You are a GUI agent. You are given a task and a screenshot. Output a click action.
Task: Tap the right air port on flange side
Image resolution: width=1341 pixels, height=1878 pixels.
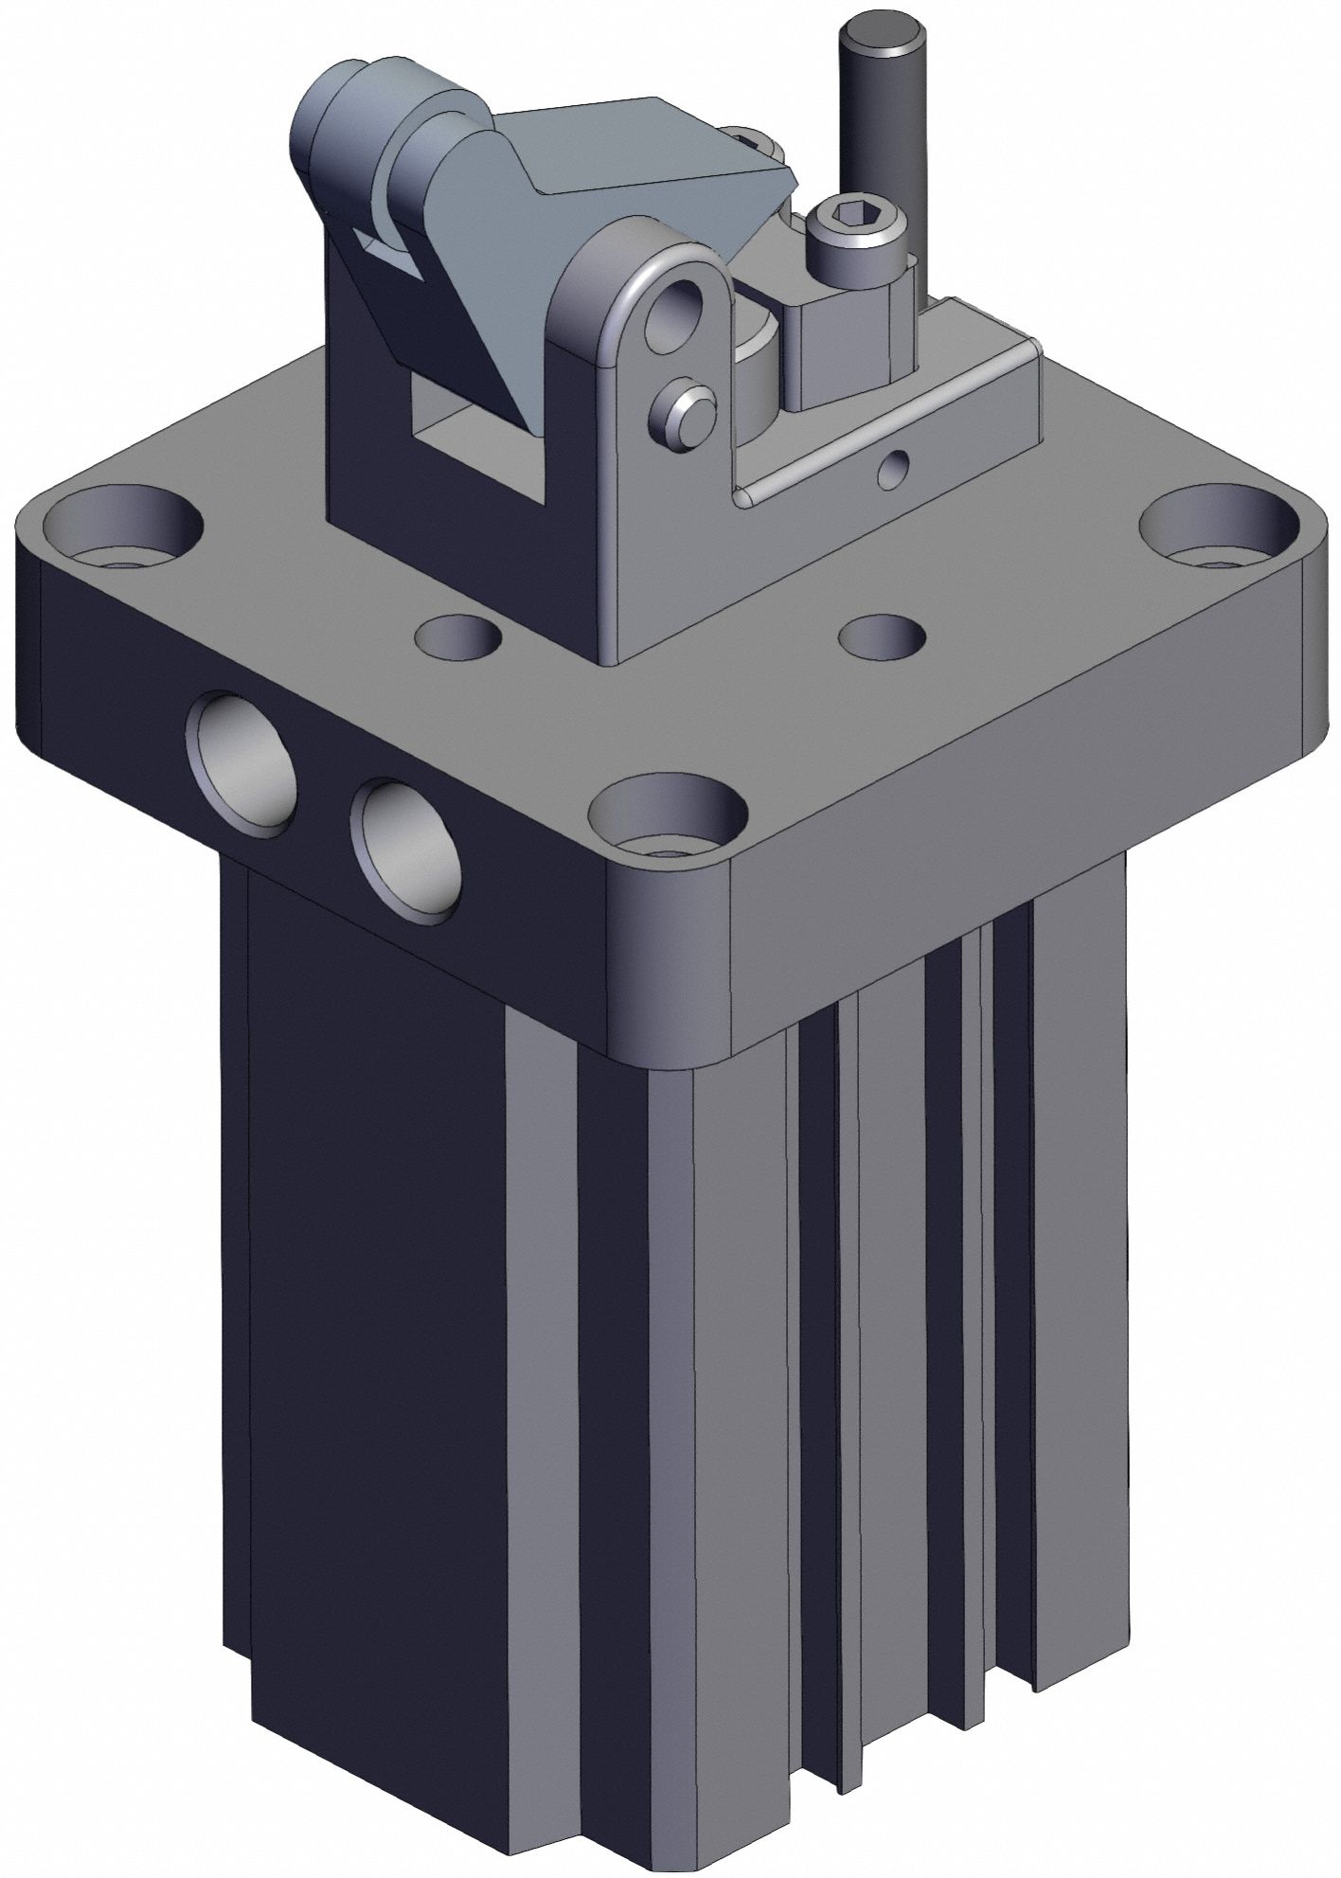click(405, 850)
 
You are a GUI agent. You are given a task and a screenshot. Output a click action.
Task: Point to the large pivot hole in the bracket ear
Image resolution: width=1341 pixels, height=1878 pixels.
click(678, 316)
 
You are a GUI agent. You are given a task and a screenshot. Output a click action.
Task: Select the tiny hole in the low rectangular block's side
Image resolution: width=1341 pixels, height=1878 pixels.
click(893, 466)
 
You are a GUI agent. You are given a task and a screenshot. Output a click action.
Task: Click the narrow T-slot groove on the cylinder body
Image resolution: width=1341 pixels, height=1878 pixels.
click(975, 1326)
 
